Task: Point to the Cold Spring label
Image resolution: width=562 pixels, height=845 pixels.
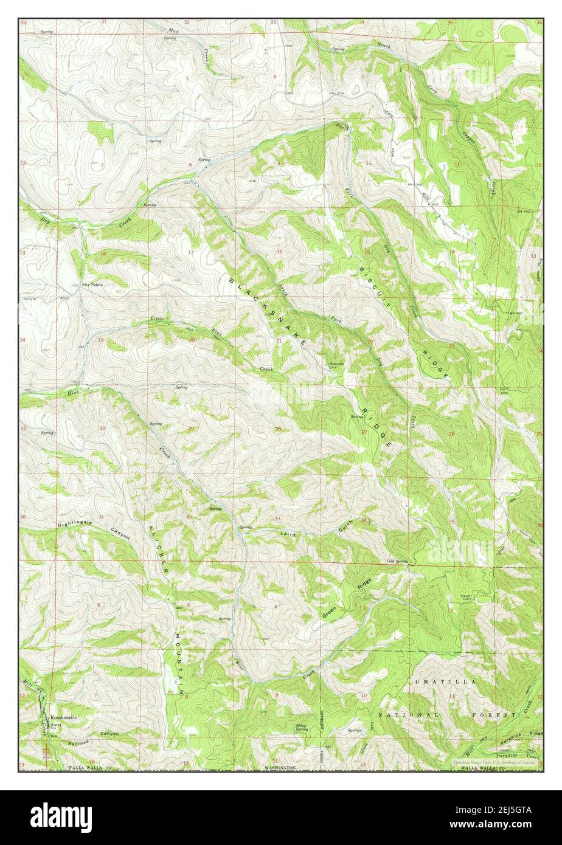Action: pyautogui.click(x=397, y=561)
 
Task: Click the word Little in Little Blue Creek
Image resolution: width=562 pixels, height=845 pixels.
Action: pyautogui.click(x=157, y=319)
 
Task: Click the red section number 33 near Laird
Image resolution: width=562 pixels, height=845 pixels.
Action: pyautogui.click(x=277, y=519)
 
